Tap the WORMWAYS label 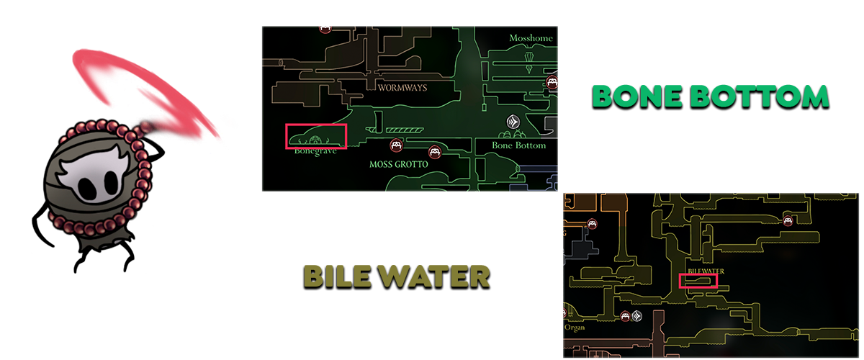402,88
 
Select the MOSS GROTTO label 398,164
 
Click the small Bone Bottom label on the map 518,145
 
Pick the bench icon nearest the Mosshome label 552,82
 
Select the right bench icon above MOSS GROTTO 434,152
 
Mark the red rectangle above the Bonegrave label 317,136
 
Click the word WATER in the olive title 434,276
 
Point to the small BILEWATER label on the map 705,271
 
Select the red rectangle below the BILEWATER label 698,281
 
